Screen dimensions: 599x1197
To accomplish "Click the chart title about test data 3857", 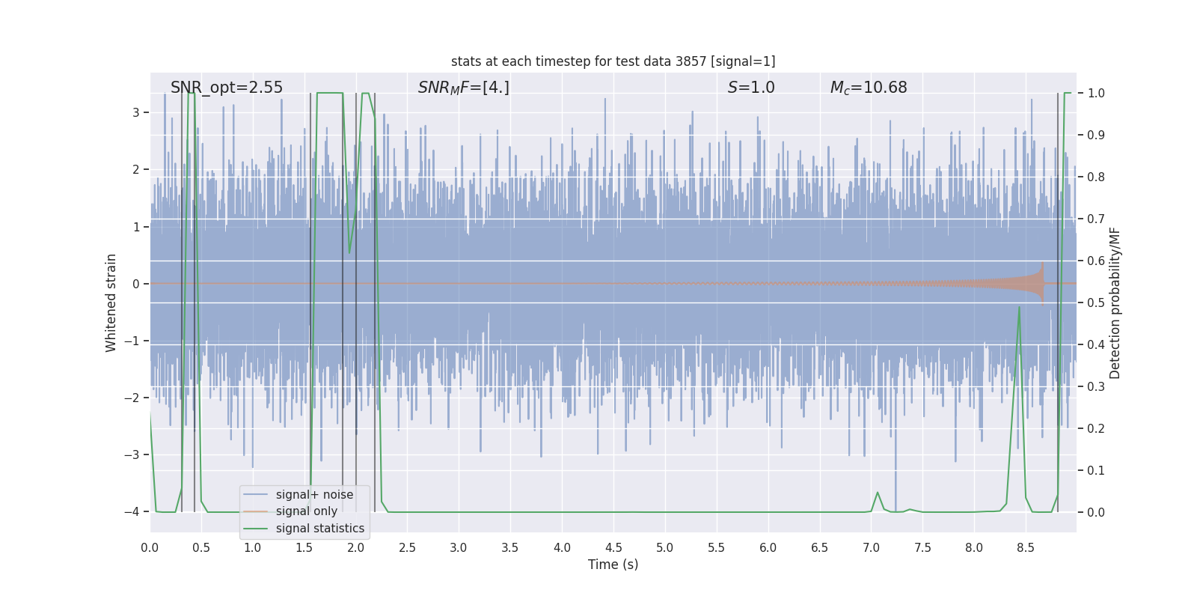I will (x=613, y=61).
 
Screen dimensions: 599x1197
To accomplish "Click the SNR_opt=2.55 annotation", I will (x=227, y=88).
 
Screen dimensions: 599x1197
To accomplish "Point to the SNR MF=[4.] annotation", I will (x=464, y=88).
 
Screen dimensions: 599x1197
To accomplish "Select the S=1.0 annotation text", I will (x=751, y=88).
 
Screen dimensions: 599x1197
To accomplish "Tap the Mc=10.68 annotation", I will (x=869, y=88).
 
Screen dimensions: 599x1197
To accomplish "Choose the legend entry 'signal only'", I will (x=306, y=511).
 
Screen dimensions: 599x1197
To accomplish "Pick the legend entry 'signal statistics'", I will (x=319, y=529).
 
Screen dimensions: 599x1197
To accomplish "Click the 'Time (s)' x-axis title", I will (x=613, y=565).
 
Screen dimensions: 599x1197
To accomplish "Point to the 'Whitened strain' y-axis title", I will (x=111, y=302).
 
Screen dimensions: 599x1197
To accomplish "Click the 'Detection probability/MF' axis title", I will (x=1115, y=302).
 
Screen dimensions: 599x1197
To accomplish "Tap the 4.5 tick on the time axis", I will (x=613, y=548).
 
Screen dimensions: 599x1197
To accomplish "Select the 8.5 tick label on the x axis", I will (x=1026, y=548).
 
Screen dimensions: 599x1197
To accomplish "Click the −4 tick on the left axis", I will (x=131, y=512).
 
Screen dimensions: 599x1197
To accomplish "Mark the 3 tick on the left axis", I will (x=136, y=112).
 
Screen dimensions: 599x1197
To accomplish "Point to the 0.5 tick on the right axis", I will (x=1096, y=302).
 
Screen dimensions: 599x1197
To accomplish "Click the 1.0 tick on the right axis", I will (x=1096, y=94).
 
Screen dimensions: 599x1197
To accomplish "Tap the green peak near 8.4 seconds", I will (x=1019, y=308).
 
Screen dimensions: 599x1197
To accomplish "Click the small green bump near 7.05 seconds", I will (x=878, y=493).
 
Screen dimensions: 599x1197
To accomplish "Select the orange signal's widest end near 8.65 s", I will (x=1041, y=284).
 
